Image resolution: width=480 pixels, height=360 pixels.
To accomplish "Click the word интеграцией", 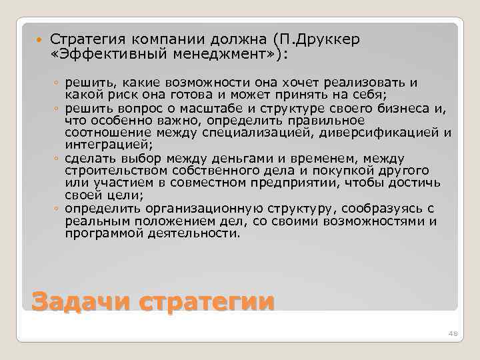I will [99, 145].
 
